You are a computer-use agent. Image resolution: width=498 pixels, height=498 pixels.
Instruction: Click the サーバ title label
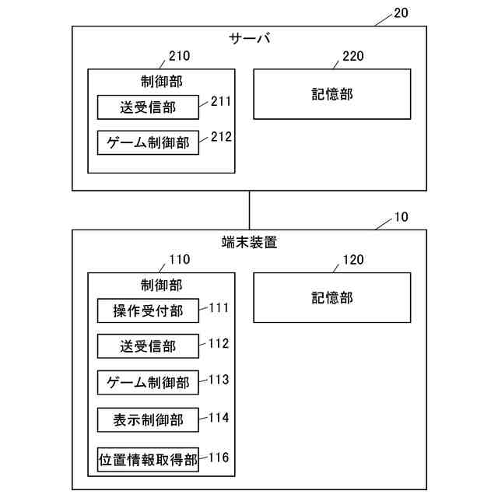249,38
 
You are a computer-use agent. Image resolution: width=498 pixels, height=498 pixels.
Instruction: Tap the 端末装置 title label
249,242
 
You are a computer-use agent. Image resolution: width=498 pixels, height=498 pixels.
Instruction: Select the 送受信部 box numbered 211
148,107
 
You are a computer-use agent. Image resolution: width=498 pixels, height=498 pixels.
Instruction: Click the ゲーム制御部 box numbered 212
148,143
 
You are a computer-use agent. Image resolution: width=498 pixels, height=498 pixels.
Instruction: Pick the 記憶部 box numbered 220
332,94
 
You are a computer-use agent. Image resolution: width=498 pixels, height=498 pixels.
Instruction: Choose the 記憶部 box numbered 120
332,297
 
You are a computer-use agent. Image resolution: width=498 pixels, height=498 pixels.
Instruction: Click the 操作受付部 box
148,310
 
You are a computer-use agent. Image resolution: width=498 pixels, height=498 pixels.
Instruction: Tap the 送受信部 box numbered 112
148,346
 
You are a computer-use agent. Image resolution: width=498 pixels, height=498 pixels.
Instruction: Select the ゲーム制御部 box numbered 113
148,382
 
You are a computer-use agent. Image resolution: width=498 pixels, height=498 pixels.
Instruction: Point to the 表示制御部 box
148,419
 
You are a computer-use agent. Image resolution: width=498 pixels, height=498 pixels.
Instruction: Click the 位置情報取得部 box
148,458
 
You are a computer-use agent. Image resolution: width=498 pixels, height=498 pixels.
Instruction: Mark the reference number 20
401,12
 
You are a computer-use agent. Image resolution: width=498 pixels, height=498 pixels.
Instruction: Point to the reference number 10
401,217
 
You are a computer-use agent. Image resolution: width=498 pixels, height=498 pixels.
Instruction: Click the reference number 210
179,56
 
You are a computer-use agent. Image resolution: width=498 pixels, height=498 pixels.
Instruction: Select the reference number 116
219,457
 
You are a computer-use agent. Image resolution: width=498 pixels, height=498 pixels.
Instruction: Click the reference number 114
219,418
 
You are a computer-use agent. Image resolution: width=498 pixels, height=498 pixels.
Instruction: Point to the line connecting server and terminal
249,209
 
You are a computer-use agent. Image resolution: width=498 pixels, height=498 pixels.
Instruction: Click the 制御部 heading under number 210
162,81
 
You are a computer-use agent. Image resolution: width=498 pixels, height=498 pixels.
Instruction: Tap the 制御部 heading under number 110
162,285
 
